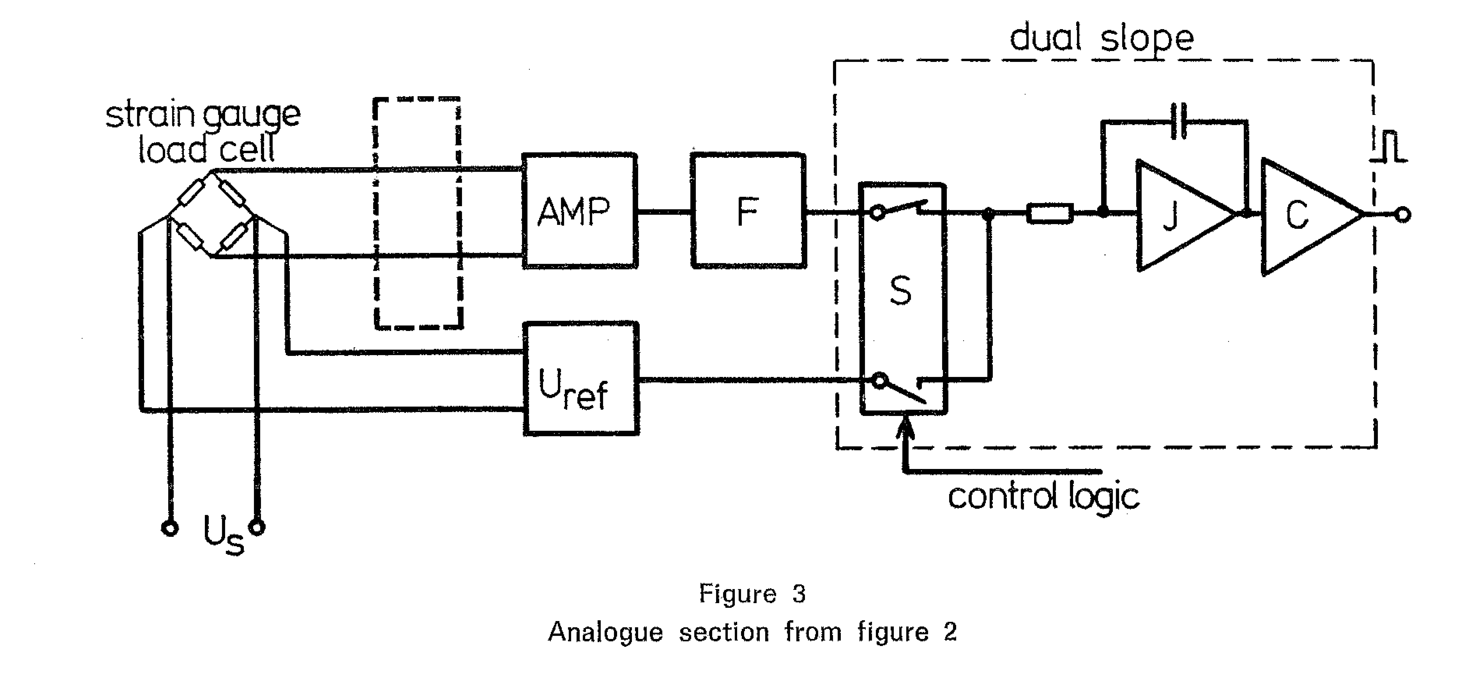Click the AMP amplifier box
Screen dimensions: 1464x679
tap(579, 210)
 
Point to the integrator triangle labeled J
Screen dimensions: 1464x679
tap(1185, 215)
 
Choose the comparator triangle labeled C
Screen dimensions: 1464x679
tap(1310, 216)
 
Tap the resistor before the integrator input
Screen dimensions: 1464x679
tap(1050, 213)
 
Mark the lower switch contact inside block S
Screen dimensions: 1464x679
tap(901, 389)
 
